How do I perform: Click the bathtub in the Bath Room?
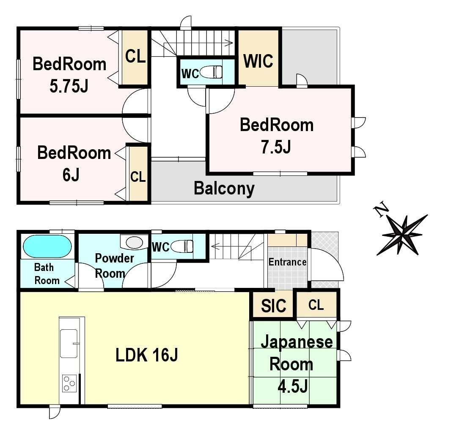pyautogui.click(x=47, y=246)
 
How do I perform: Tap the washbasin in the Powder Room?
pyautogui.click(x=135, y=243)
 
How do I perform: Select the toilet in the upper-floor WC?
pyautogui.click(x=211, y=72)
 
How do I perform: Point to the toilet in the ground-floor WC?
pyautogui.click(x=182, y=246)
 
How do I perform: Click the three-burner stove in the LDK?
pyautogui.click(x=69, y=383)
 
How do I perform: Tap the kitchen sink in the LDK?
pyautogui.click(x=69, y=343)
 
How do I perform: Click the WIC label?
pyautogui.click(x=258, y=61)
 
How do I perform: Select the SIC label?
pyautogui.click(x=274, y=306)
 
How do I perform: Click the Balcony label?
pyautogui.click(x=224, y=189)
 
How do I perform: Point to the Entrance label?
pyautogui.click(x=288, y=262)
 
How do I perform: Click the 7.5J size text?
pyautogui.click(x=276, y=147)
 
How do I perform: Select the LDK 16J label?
pyautogui.click(x=147, y=355)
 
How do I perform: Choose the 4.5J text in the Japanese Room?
pyautogui.click(x=292, y=386)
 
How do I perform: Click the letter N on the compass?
pyautogui.click(x=381, y=209)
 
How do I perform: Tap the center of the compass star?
pyautogui.click(x=403, y=234)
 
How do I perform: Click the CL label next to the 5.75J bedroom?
pyautogui.click(x=135, y=56)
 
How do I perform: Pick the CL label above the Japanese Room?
pyautogui.click(x=316, y=305)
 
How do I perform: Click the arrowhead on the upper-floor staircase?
pyautogui.click(x=229, y=43)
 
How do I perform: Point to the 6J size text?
pyautogui.click(x=71, y=175)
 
